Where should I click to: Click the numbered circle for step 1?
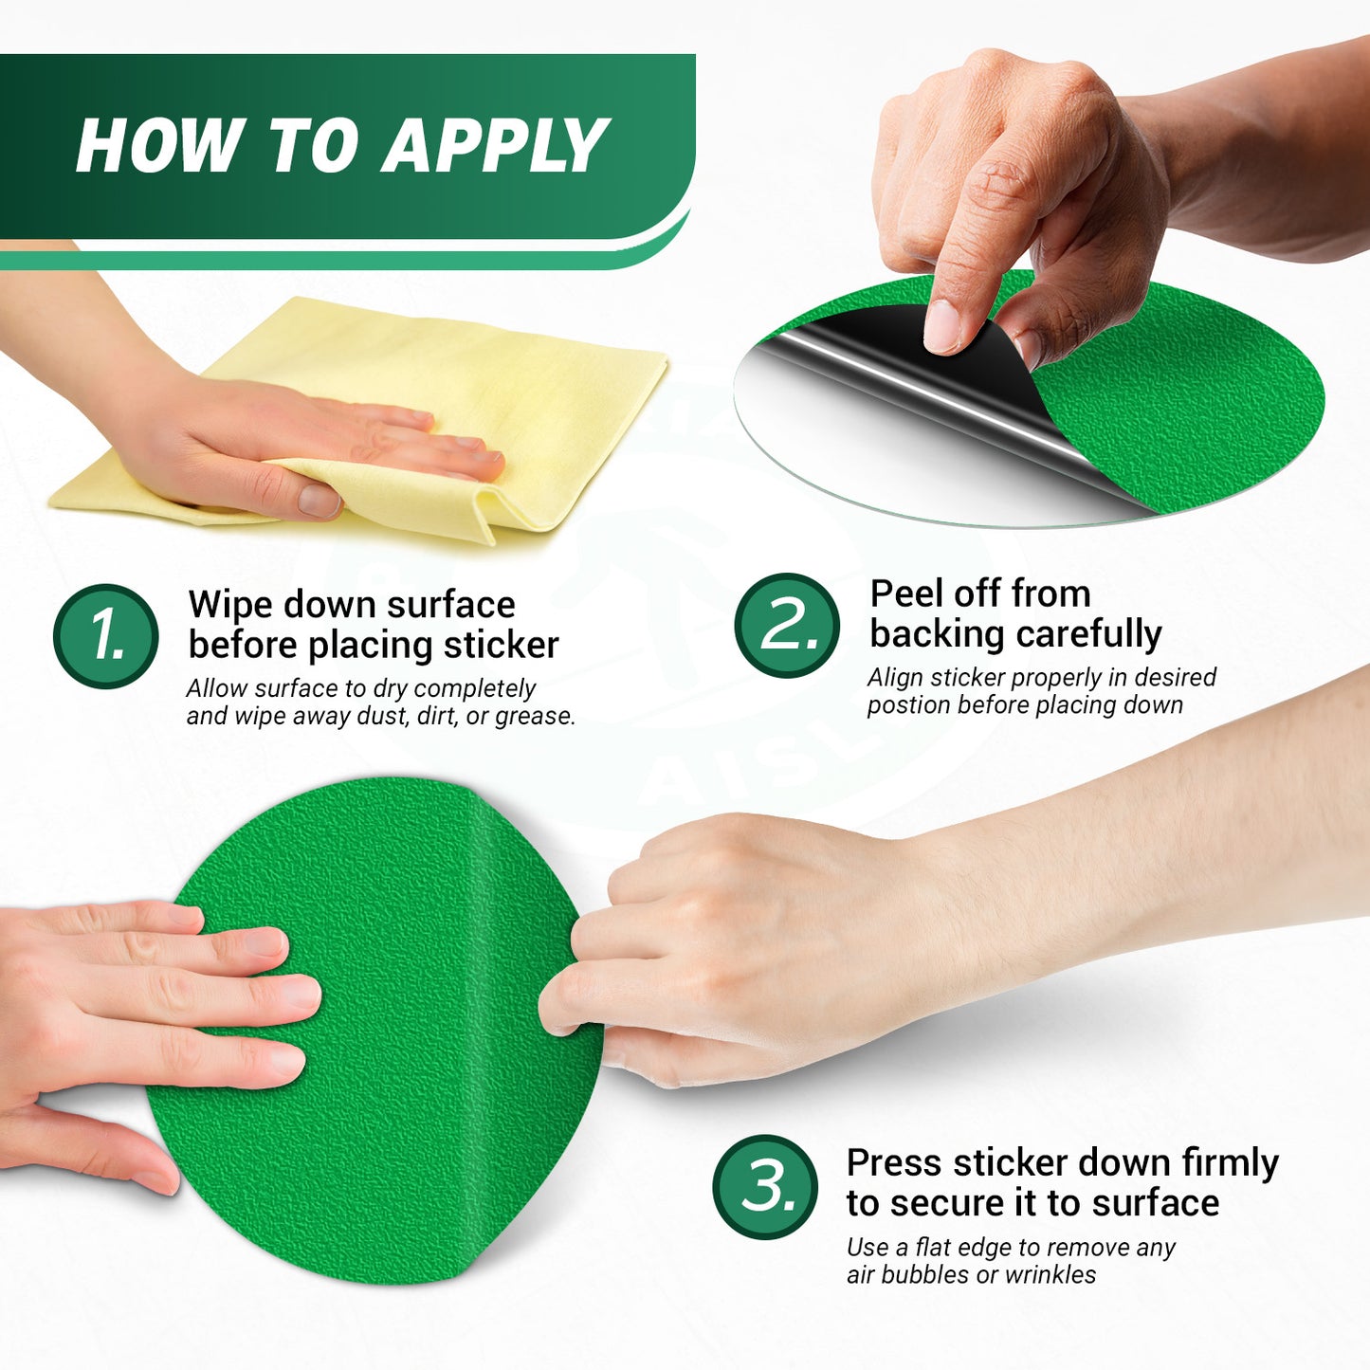(x=106, y=636)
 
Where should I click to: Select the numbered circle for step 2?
(x=787, y=626)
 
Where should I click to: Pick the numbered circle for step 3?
(x=766, y=1187)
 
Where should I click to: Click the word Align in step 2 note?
(x=896, y=678)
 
